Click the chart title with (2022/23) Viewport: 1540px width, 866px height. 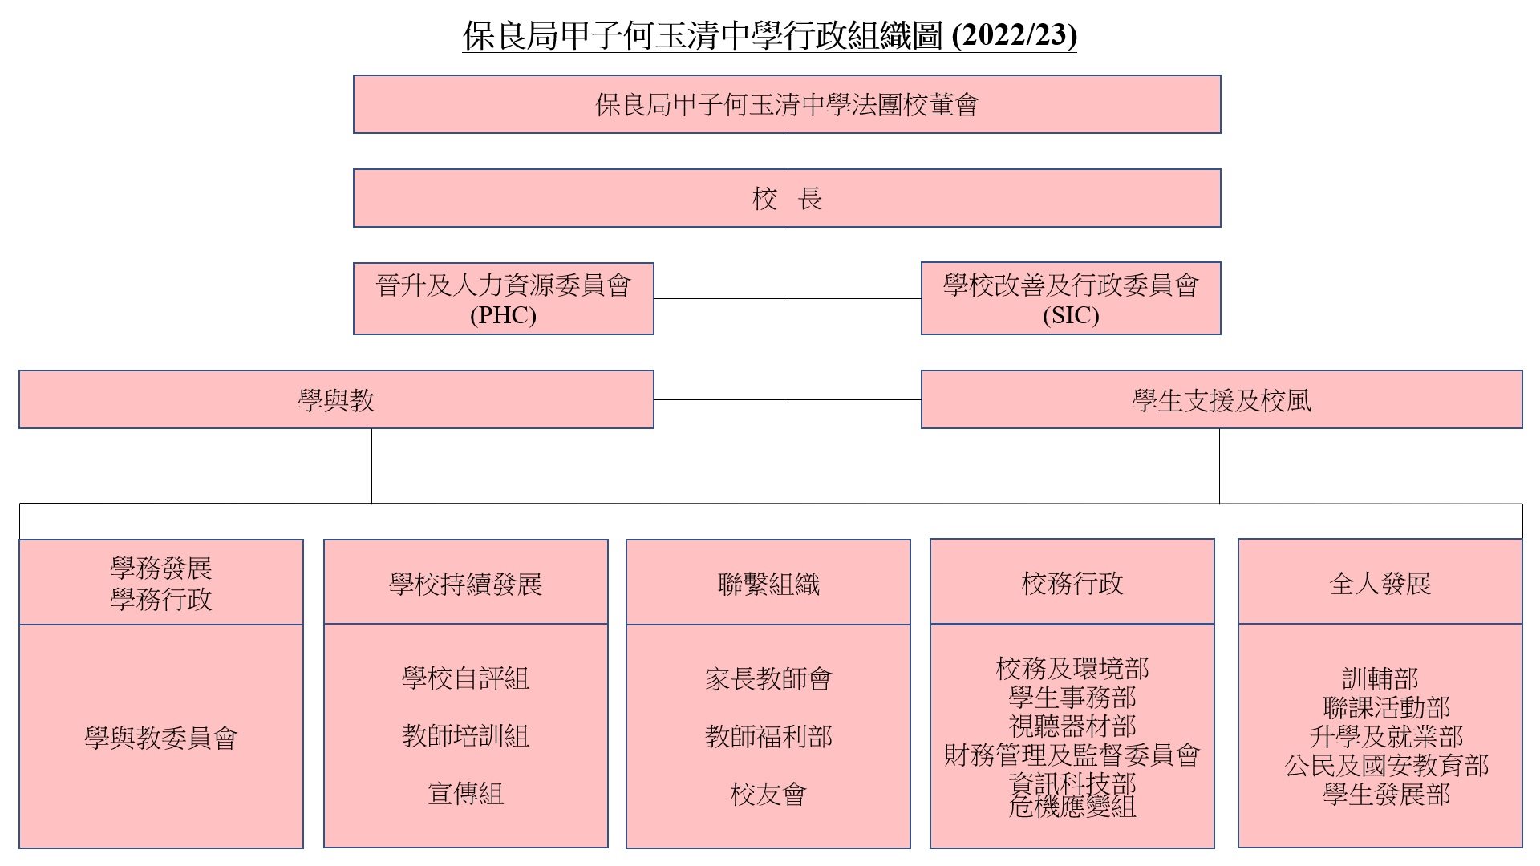coord(769,36)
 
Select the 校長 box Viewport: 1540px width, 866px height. coord(787,198)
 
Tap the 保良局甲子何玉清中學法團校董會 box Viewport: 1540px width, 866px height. coord(787,104)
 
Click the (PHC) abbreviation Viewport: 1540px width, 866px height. coord(503,315)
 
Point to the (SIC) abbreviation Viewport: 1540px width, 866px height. coord(1071,315)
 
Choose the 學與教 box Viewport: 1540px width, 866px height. coord(336,399)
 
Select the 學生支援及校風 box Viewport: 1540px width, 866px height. coord(1222,399)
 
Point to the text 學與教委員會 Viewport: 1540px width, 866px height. coord(161,738)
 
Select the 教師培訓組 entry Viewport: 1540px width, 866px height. coord(466,735)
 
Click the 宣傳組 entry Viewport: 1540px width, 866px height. coord(466,793)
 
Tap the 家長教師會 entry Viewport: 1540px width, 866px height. coord(768,678)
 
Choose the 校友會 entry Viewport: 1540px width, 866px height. coord(768,794)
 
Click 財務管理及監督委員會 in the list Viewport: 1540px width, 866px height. coord(1072,755)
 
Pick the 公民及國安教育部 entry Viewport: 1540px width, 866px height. coord(1387,765)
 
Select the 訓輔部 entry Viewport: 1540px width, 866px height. coord(1380,678)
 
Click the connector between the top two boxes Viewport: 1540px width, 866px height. coord(788,151)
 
